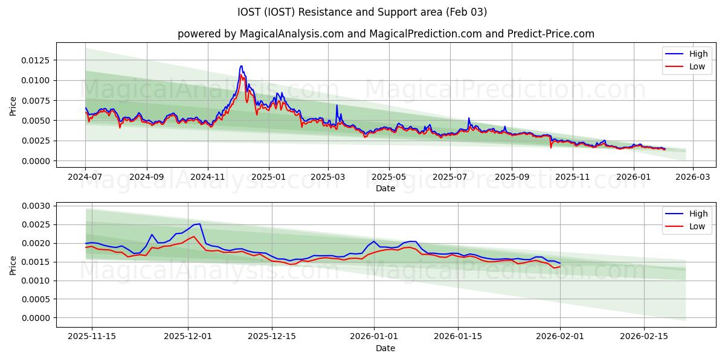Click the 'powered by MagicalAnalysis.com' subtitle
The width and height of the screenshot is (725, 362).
tap(385, 34)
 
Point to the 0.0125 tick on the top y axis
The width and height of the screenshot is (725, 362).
tap(37, 60)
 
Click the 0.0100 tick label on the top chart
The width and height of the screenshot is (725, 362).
tap(37, 80)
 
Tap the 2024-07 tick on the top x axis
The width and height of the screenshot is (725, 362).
tap(85, 177)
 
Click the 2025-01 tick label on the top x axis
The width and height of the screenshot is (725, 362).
tap(268, 177)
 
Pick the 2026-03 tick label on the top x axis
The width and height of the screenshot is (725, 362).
tap(692, 177)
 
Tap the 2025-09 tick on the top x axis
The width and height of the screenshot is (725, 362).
tap(511, 177)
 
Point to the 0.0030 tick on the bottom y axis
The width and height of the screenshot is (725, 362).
tap(37, 206)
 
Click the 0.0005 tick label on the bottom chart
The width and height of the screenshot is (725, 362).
tap(37, 299)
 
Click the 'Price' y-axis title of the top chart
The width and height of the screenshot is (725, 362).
tap(13, 106)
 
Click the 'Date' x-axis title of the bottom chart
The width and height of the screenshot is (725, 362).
tap(385, 348)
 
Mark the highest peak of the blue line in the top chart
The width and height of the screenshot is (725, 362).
tap(241, 66)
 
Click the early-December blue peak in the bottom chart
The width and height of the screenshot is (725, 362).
tap(199, 224)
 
